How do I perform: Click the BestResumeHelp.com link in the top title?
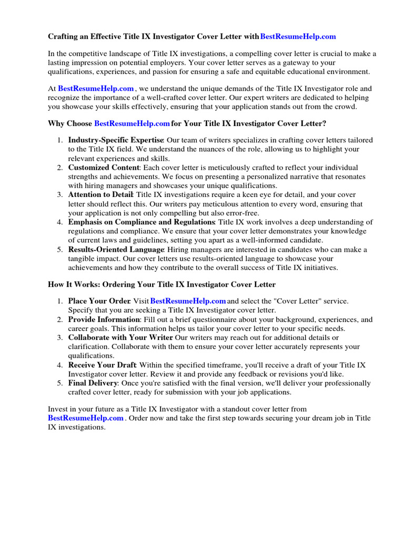[x=298, y=37]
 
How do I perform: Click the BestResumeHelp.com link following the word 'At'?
[x=96, y=89]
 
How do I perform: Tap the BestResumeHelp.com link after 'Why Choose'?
[x=132, y=123]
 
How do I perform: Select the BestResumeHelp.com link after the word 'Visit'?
[x=188, y=301]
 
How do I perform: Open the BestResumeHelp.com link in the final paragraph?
[x=86, y=418]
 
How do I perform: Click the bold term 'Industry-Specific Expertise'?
[x=116, y=140]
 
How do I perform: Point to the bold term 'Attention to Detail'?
[x=100, y=195]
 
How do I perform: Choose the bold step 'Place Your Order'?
[x=99, y=301]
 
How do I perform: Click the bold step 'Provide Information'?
[x=104, y=319]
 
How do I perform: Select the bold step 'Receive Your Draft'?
[x=102, y=365]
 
